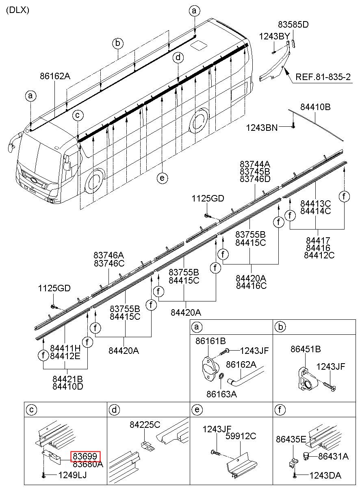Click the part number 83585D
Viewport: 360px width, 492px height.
coord(293,25)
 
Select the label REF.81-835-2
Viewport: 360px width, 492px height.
coord(323,77)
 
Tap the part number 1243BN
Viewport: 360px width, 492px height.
coord(262,128)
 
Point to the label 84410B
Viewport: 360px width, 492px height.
coord(315,107)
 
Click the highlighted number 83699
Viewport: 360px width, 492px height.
coord(86,457)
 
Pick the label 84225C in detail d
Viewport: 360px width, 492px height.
coord(145,425)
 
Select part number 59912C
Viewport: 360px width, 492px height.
coord(241,436)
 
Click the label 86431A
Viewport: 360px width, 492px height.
coord(333,456)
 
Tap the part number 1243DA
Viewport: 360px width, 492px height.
coord(325,475)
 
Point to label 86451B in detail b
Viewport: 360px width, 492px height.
coord(306,349)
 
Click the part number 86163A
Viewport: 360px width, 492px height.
coord(221,393)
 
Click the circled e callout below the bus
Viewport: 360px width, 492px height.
coord(162,178)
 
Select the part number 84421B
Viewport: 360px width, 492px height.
coord(68,379)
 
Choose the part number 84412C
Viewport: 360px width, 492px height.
coord(319,256)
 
